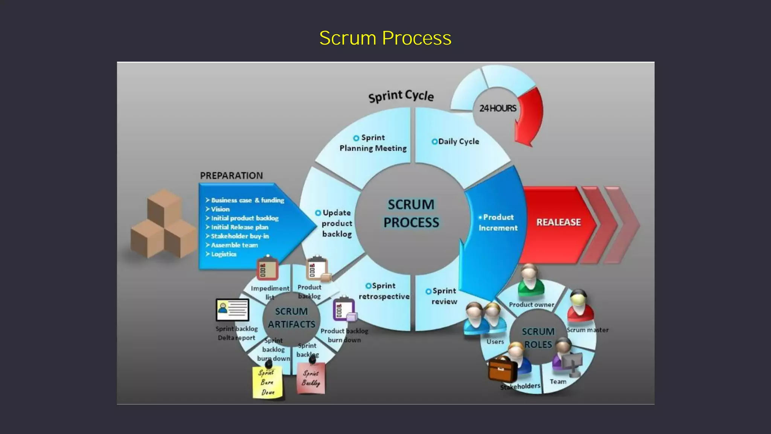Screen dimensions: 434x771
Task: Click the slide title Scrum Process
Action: pyautogui.click(x=385, y=38)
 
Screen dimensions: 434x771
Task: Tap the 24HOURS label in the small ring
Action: pyautogui.click(x=497, y=108)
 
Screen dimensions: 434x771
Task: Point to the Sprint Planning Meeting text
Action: pyautogui.click(x=373, y=143)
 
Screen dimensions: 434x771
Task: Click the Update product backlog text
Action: pyautogui.click(x=336, y=223)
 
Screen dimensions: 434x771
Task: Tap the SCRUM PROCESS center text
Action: pyautogui.click(x=411, y=214)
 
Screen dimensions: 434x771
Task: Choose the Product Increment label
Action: pyautogui.click(x=498, y=223)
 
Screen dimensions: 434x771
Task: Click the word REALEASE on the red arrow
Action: pyautogui.click(x=558, y=222)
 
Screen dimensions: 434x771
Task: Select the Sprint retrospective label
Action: pyautogui.click(x=384, y=291)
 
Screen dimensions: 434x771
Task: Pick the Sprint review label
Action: pyautogui.click(x=443, y=296)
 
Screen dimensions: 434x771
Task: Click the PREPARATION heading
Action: pyautogui.click(x=231, y=176)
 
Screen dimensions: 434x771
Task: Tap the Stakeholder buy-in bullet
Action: pyautogui.click(x=239, y=236)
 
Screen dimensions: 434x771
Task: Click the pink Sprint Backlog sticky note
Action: pyautogui.click(x=311, y=379)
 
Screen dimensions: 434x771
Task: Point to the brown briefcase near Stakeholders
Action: pyautogui.click(x=502, y=369)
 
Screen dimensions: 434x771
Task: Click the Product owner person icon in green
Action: pyautogui.click(x=530, y=281)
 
